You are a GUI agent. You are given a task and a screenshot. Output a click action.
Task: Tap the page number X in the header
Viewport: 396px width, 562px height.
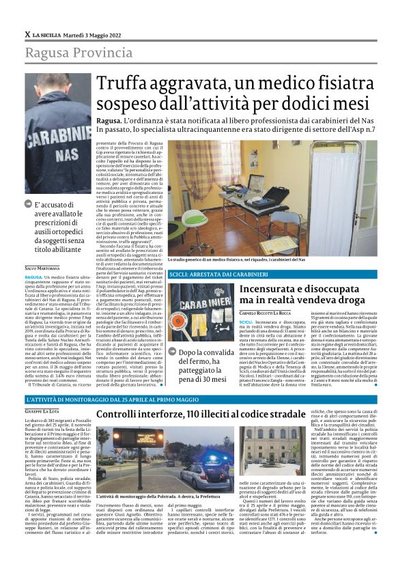[27, 34]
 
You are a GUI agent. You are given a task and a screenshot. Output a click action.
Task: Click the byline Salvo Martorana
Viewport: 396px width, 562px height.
[43, 268]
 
